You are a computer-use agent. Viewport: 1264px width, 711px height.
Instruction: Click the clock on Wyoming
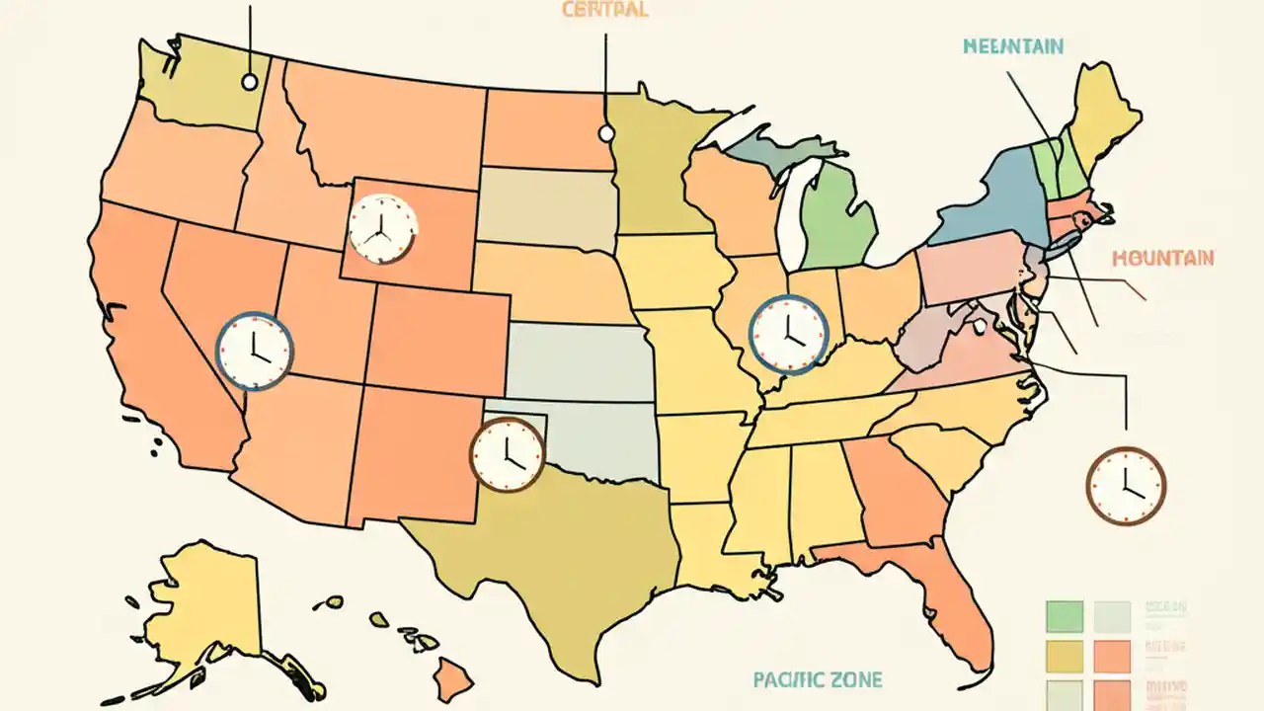[382, 229]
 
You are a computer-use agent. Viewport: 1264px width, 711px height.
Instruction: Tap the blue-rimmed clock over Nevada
[255, 350]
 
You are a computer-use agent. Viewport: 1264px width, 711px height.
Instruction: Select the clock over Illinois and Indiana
[788, 333]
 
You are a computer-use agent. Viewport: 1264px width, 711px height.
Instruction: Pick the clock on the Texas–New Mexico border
[507, 454]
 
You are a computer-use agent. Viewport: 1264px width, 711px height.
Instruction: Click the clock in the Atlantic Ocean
[1126, 485]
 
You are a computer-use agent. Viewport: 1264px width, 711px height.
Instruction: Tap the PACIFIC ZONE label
[817, 679]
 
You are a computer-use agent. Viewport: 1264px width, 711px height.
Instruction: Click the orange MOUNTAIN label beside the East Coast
[1162, 258]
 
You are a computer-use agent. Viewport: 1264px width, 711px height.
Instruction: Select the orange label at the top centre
[604, 11]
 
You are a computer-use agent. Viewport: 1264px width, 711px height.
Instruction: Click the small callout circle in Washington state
[249, 81]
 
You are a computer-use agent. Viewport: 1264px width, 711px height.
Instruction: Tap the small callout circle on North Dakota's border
[606, 133]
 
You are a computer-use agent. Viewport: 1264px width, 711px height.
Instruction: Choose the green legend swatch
[1064, 616]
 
